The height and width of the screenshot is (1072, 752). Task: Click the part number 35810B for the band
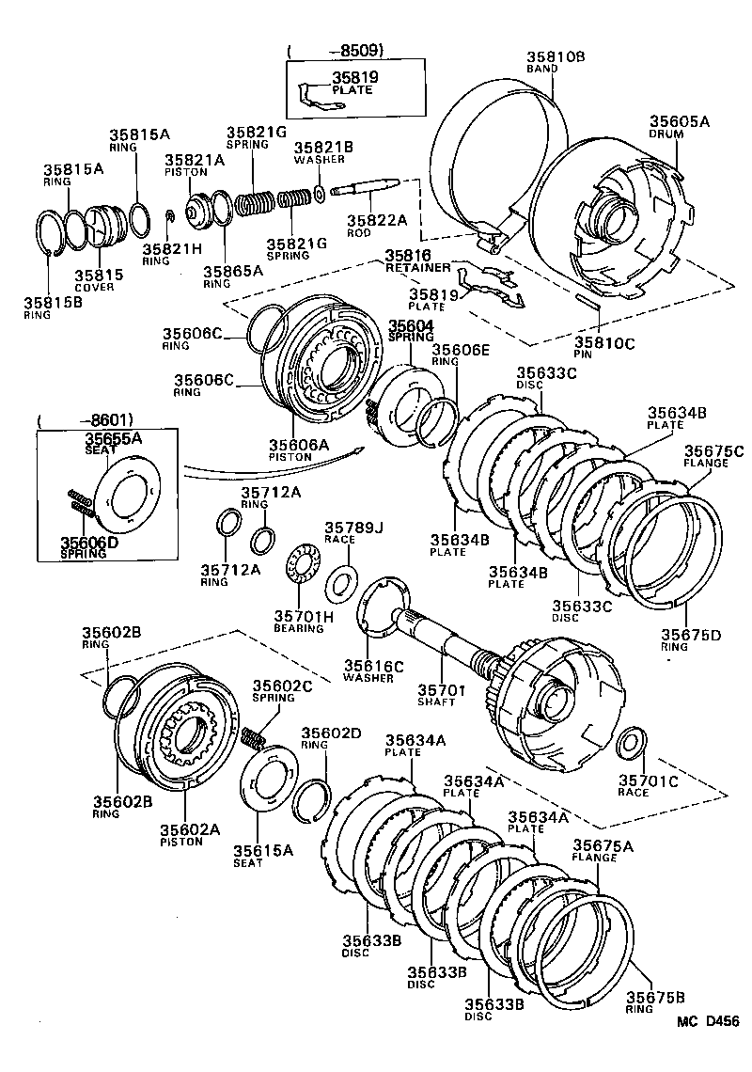pyautogui.click(x=556, y=55)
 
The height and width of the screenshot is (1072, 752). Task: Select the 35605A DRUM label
pyautogui.click(x=679, y=126)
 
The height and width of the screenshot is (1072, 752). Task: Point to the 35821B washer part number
pyautogui.click(x=322, y=148)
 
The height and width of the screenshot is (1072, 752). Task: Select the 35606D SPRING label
pyautogui.click(x=88, y=547)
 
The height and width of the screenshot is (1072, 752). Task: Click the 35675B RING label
pyautogui.click(x=655, y=1002)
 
